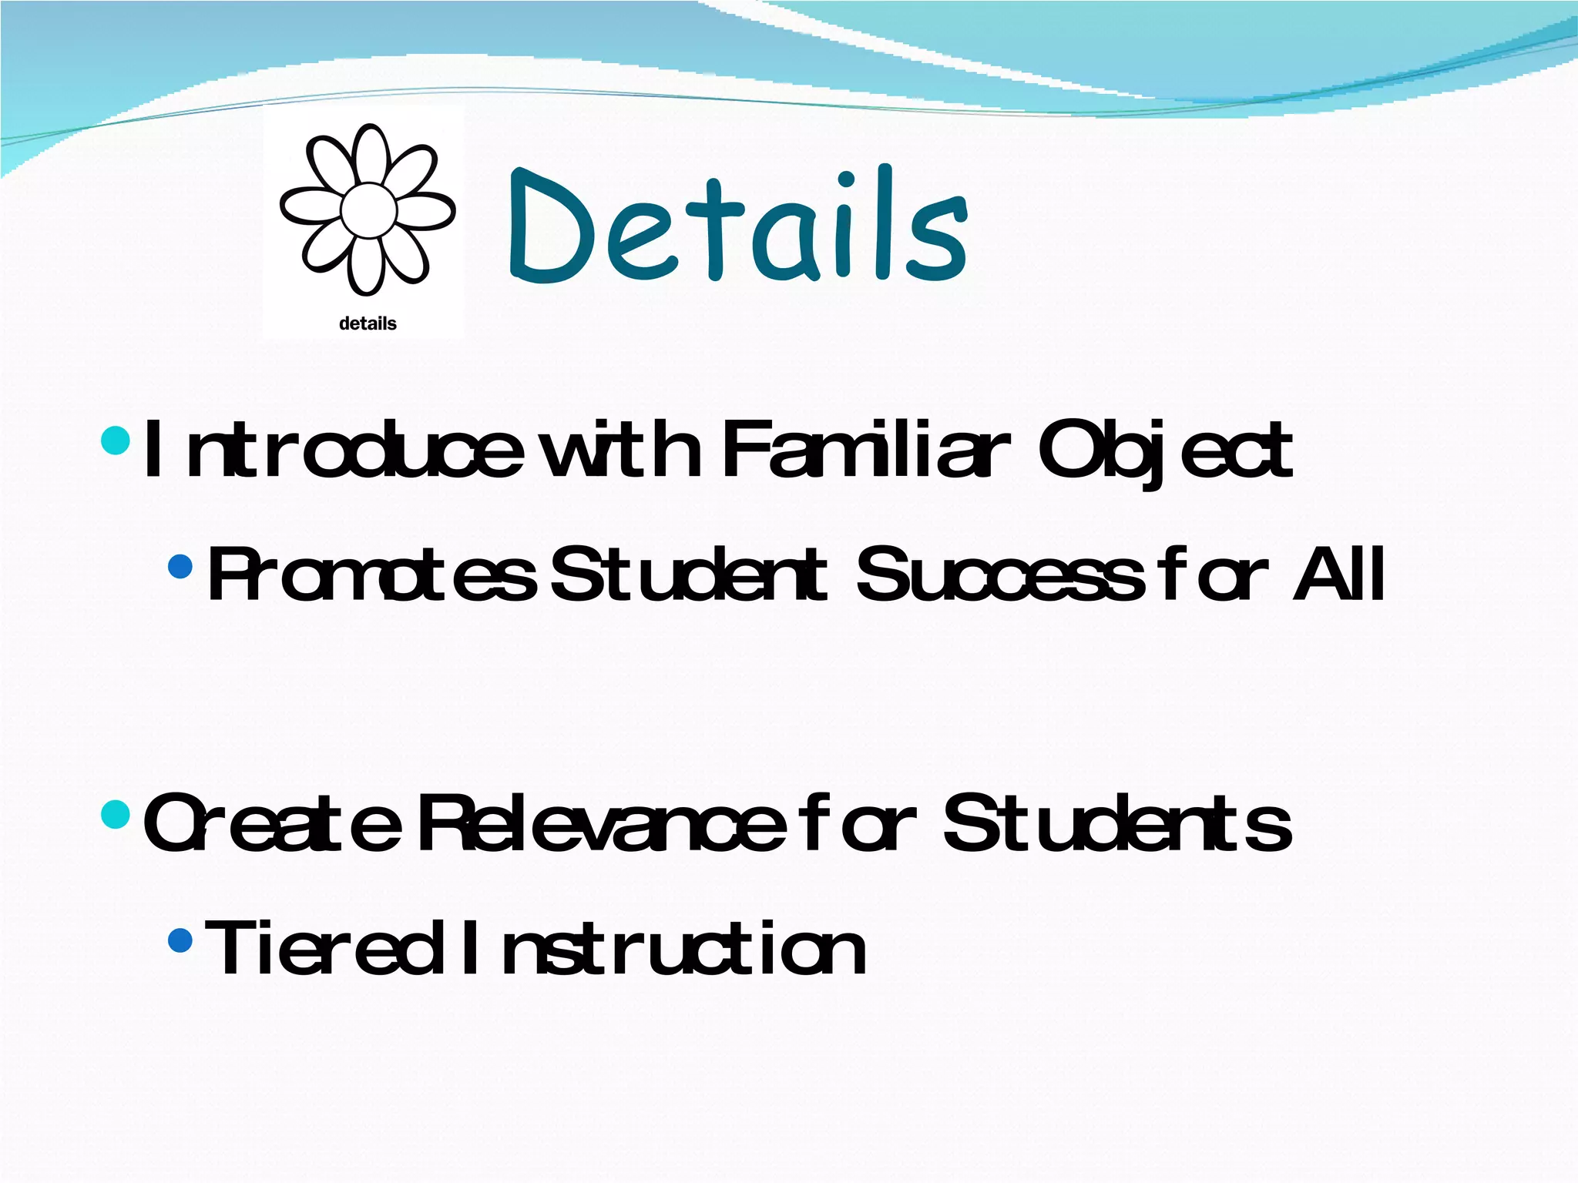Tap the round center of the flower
tap(368, 209)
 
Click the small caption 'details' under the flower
tap(368, 323)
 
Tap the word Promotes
tap(371, 574)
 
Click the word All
tap(1339, 574)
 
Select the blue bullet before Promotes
tap(180, 567)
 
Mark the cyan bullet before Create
tap(116, 813)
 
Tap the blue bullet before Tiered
tap(180, 940)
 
